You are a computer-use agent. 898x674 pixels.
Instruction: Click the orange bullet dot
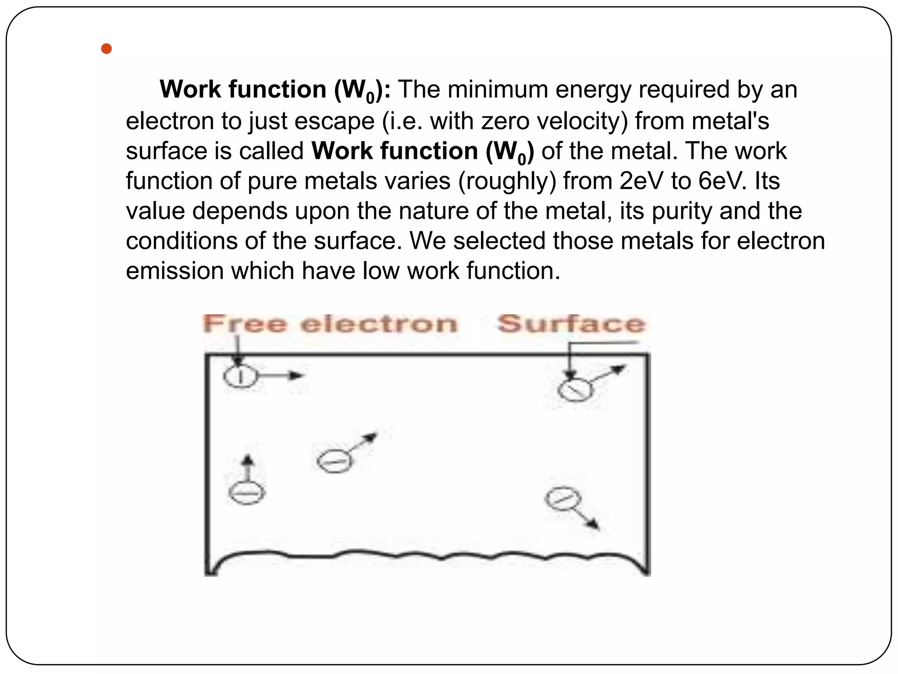106,49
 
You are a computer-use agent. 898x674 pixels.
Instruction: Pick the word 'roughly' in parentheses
506,181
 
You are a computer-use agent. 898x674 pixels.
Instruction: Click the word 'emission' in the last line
175,271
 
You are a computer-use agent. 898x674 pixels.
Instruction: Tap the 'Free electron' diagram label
330,324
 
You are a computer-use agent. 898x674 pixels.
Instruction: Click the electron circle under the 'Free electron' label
240,376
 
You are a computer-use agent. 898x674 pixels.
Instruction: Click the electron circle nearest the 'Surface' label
575,390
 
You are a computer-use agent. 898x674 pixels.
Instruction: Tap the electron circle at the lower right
563,499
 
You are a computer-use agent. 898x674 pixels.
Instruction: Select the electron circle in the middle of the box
334,461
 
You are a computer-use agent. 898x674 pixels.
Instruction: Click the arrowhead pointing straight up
248,459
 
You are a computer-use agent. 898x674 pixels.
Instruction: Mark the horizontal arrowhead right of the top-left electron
297,376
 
